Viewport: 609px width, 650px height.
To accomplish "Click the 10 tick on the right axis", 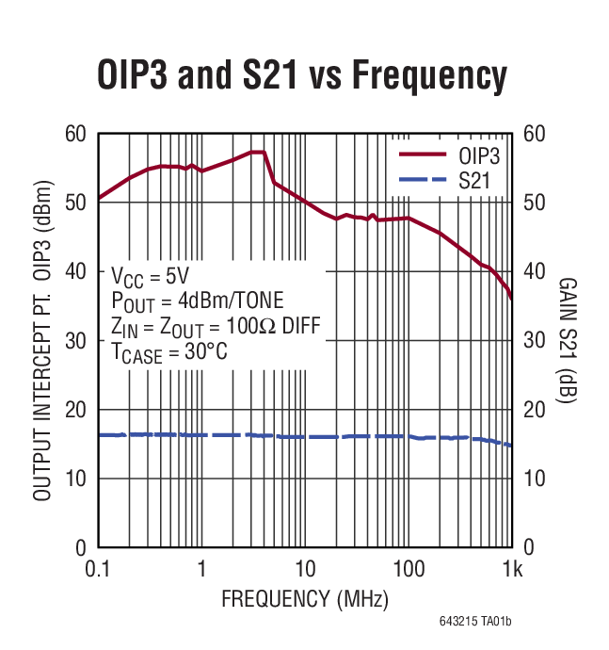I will pyautogui.click(x=534, y=479).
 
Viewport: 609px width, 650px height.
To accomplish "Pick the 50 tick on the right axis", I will pyautogui.click(x=534, y=203).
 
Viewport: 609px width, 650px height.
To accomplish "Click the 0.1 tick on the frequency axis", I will pyautogui.click(x=97, y=570).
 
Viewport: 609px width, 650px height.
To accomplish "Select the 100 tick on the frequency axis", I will pyautogui.click(x=408, y=570).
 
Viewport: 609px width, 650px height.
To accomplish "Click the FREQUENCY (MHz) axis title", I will pyautogui.click(x=304, y=599).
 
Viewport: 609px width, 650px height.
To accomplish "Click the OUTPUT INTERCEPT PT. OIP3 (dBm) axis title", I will pyautogui.click(x=42, y=340).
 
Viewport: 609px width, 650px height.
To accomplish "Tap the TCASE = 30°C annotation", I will pyautogui.click(x=169, y=351).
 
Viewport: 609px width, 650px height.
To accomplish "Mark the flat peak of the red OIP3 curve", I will pyautogui.click(x=258, y=152).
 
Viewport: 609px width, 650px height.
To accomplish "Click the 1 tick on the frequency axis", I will pyautogui.click(x=201, y=570).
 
